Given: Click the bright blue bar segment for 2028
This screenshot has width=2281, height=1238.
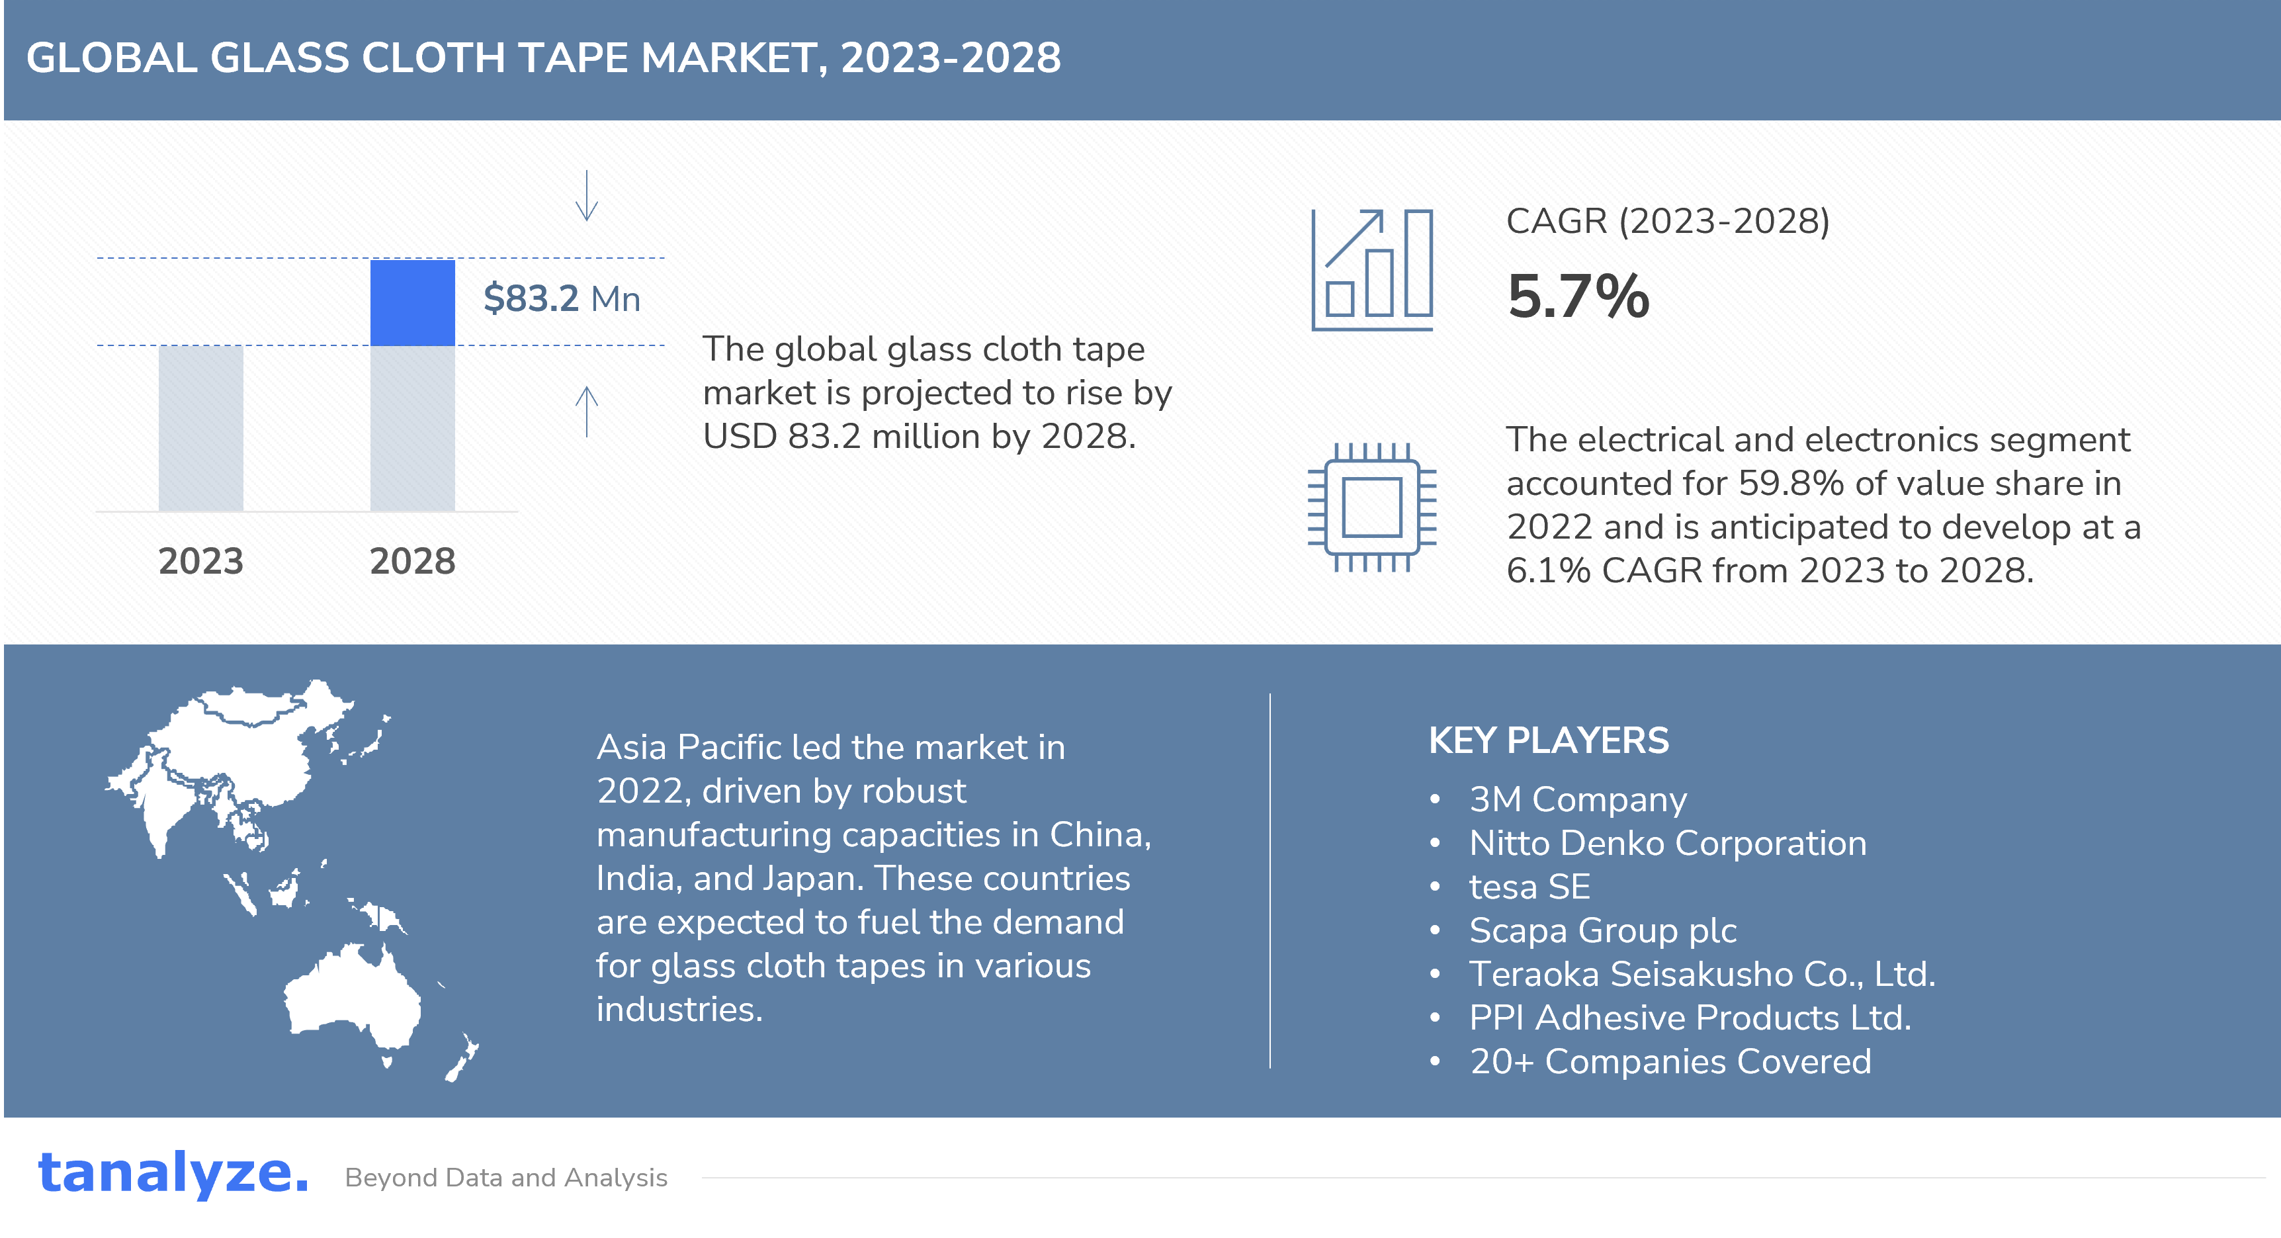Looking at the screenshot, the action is pyautogui.click(x=413, y=303).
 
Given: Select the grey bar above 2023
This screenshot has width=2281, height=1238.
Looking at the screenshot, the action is pyautogui.click(x=201, y=427).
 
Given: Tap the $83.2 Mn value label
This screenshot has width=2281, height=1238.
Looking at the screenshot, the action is pyautogui.click(x=562, y=298).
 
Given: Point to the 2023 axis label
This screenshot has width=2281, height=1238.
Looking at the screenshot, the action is pyautogui.click(x=201, y=562).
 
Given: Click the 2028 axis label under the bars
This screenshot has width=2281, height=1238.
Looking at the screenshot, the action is pyautogui.click(x=413, y=562).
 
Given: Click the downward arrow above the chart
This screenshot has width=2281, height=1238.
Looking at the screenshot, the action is pyautogui.click(x=587, y=195).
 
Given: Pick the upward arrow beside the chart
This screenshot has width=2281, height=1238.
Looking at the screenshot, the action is pyautogui.click(x=587, y=412).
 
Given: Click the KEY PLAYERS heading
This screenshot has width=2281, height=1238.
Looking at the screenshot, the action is pyautogui.click(x=1549, y=740).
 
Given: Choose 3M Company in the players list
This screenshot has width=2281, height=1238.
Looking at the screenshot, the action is pyautogui.click(x=1578, y=800).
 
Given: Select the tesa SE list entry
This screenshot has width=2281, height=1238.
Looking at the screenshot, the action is pyautogui.click(x=1530, y=887).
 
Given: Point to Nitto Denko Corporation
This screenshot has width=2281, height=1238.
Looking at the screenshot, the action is pyautogui.click(x=1668, y=843).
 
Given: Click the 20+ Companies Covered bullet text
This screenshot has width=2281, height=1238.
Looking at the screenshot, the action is pyautogui.click(x=1671, y=1061).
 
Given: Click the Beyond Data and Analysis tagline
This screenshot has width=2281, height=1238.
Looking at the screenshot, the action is pyautogui.click(x=507, y=1178).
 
